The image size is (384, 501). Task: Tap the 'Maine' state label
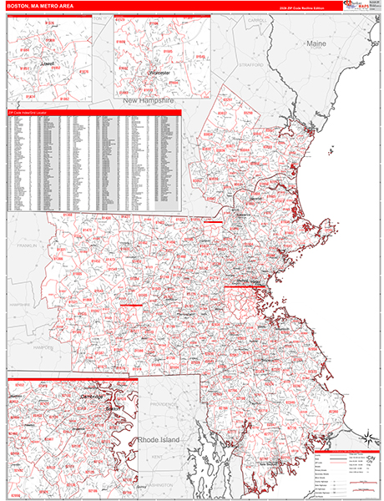[x=316, y=42]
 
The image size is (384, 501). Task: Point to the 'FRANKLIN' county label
[x=26, y=245]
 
